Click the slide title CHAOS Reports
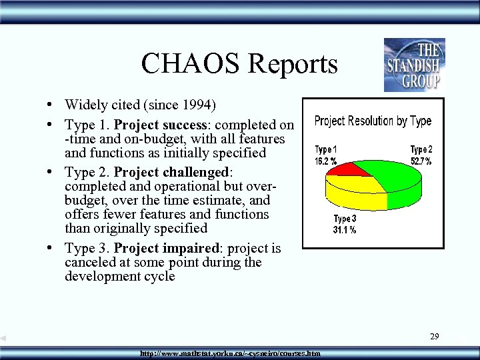pos(239,64)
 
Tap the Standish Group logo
pos(414,65)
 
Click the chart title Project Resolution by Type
pos(373,121)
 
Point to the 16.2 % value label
pos(325,161)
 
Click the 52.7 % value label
pos(421,161)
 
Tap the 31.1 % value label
pos(345,230)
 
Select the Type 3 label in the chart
pos(345,219)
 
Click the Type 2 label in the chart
pos(421,150)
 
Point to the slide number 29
pos(434,337)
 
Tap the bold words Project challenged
pos(171,172)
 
